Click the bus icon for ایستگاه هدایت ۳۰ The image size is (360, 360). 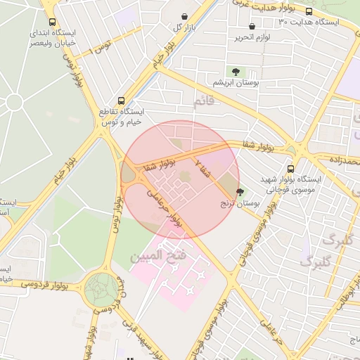point(309,11)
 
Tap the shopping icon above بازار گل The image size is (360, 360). point(184,17)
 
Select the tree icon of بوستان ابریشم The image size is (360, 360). point(235,71)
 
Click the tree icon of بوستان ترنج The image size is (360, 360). point(240,192)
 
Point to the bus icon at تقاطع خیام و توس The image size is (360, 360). point(122,101)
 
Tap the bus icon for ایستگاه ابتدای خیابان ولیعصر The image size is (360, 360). point(52,22)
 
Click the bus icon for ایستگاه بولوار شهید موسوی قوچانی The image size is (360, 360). point(290,169)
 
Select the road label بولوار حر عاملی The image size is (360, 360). point(166,207)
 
